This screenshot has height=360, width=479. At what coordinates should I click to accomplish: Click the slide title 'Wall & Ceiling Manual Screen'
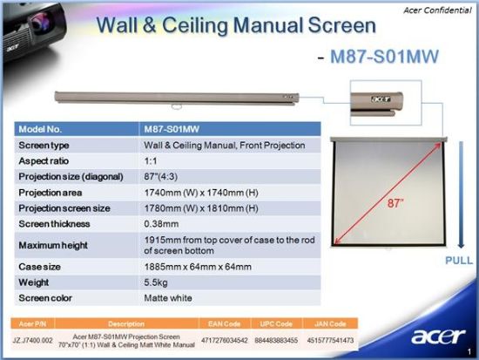coord(224,25)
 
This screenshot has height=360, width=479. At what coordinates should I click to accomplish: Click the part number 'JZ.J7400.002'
coord(36,339)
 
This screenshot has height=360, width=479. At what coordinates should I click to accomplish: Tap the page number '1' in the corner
coord(469,350)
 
